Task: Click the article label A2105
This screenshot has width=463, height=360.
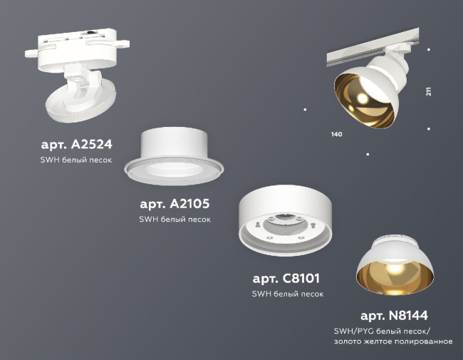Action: tap(175, 203)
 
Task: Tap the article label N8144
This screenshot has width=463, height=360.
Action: tap(393, 315)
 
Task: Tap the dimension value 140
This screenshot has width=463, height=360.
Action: tap(337, 134)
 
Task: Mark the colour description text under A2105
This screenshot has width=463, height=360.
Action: tap(175, 220)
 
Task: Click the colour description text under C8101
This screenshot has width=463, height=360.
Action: tap(287, 294)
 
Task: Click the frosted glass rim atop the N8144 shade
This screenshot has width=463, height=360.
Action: tap(396, 239)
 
